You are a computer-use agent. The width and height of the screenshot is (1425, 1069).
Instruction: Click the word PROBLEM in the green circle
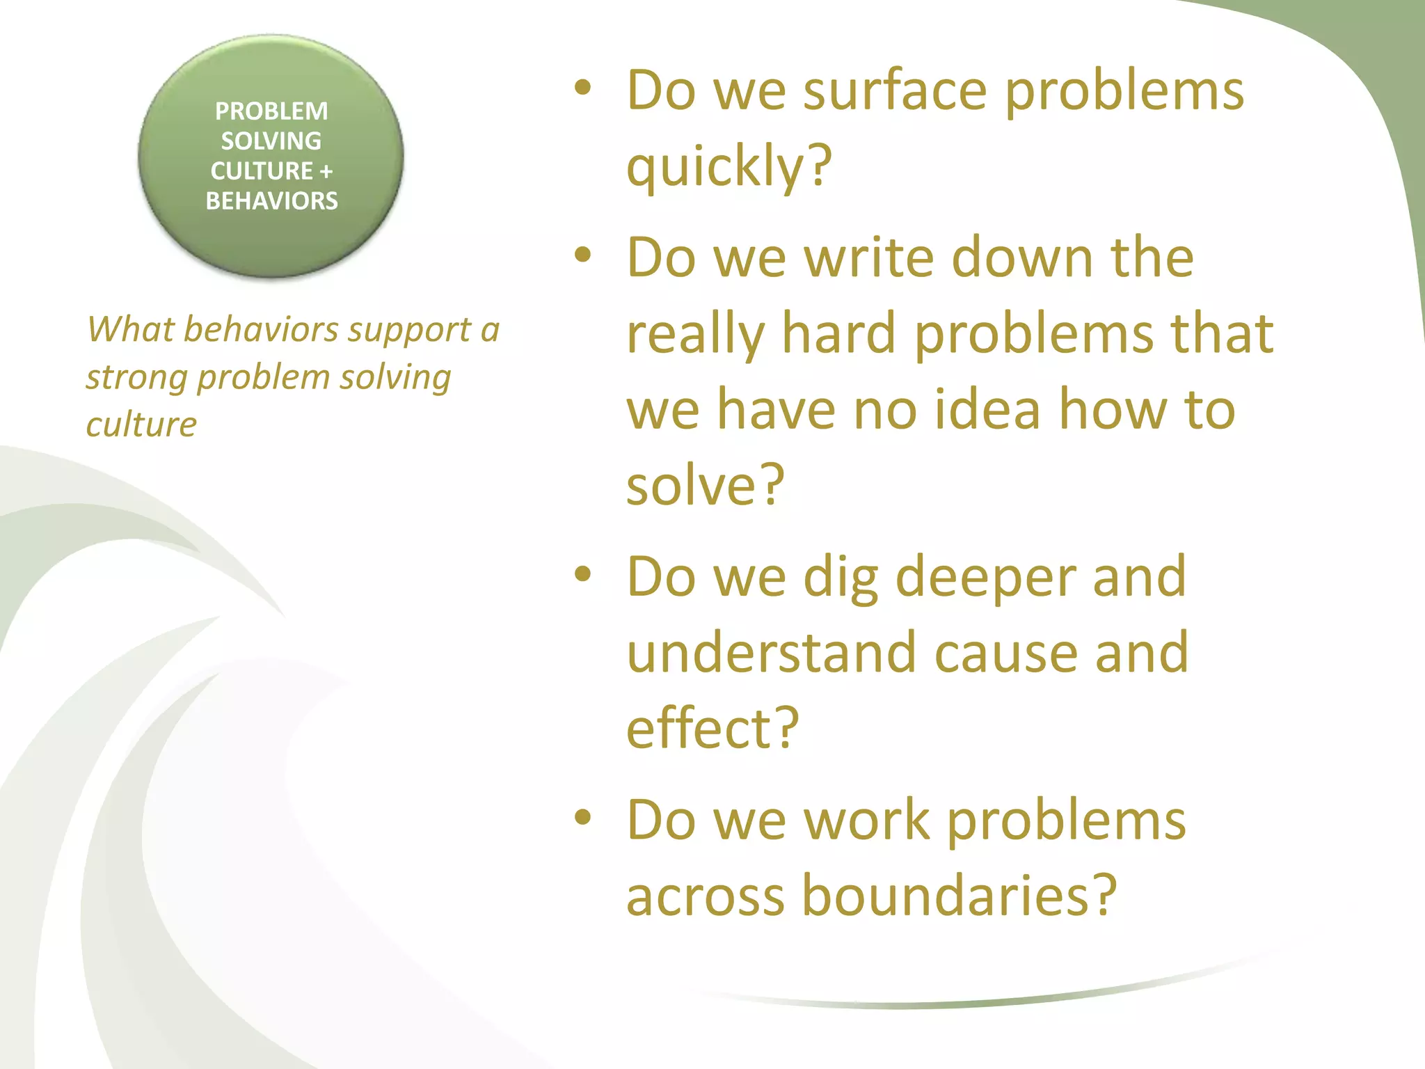coord(271,111)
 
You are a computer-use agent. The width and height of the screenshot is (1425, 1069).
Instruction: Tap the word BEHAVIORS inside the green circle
coord(271,201)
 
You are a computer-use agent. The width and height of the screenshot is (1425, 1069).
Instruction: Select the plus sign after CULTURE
coord(326,171)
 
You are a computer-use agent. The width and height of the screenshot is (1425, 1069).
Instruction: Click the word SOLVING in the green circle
coord(271,141)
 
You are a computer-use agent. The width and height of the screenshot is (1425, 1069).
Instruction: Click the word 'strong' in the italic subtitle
coord(136,378)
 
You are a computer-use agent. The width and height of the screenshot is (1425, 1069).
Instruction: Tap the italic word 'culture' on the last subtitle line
coord(141,425)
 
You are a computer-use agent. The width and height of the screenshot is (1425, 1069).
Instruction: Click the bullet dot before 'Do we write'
coord(582,255)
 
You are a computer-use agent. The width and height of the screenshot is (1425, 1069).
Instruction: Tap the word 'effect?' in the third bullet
coord(712,728)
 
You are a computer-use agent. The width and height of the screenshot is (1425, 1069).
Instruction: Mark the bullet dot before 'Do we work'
coord(582,817)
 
